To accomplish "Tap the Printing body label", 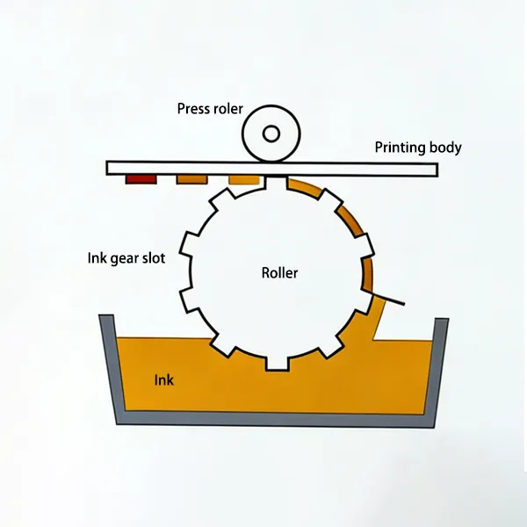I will click(x=418, y=148).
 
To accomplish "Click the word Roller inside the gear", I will click(x=279, y=273).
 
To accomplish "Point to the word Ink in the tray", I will click(x=164, y=380).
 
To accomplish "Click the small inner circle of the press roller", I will click(x=271, y=134).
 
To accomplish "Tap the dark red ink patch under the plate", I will click(x=141, y=179).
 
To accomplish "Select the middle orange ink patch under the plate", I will click(x=192, y=179).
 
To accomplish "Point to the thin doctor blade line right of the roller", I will click(x=390, y=298).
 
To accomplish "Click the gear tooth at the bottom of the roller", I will click(x=278, y=361).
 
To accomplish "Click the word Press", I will click(x=193, y=109).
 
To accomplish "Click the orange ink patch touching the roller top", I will click(x=245, y=180).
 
